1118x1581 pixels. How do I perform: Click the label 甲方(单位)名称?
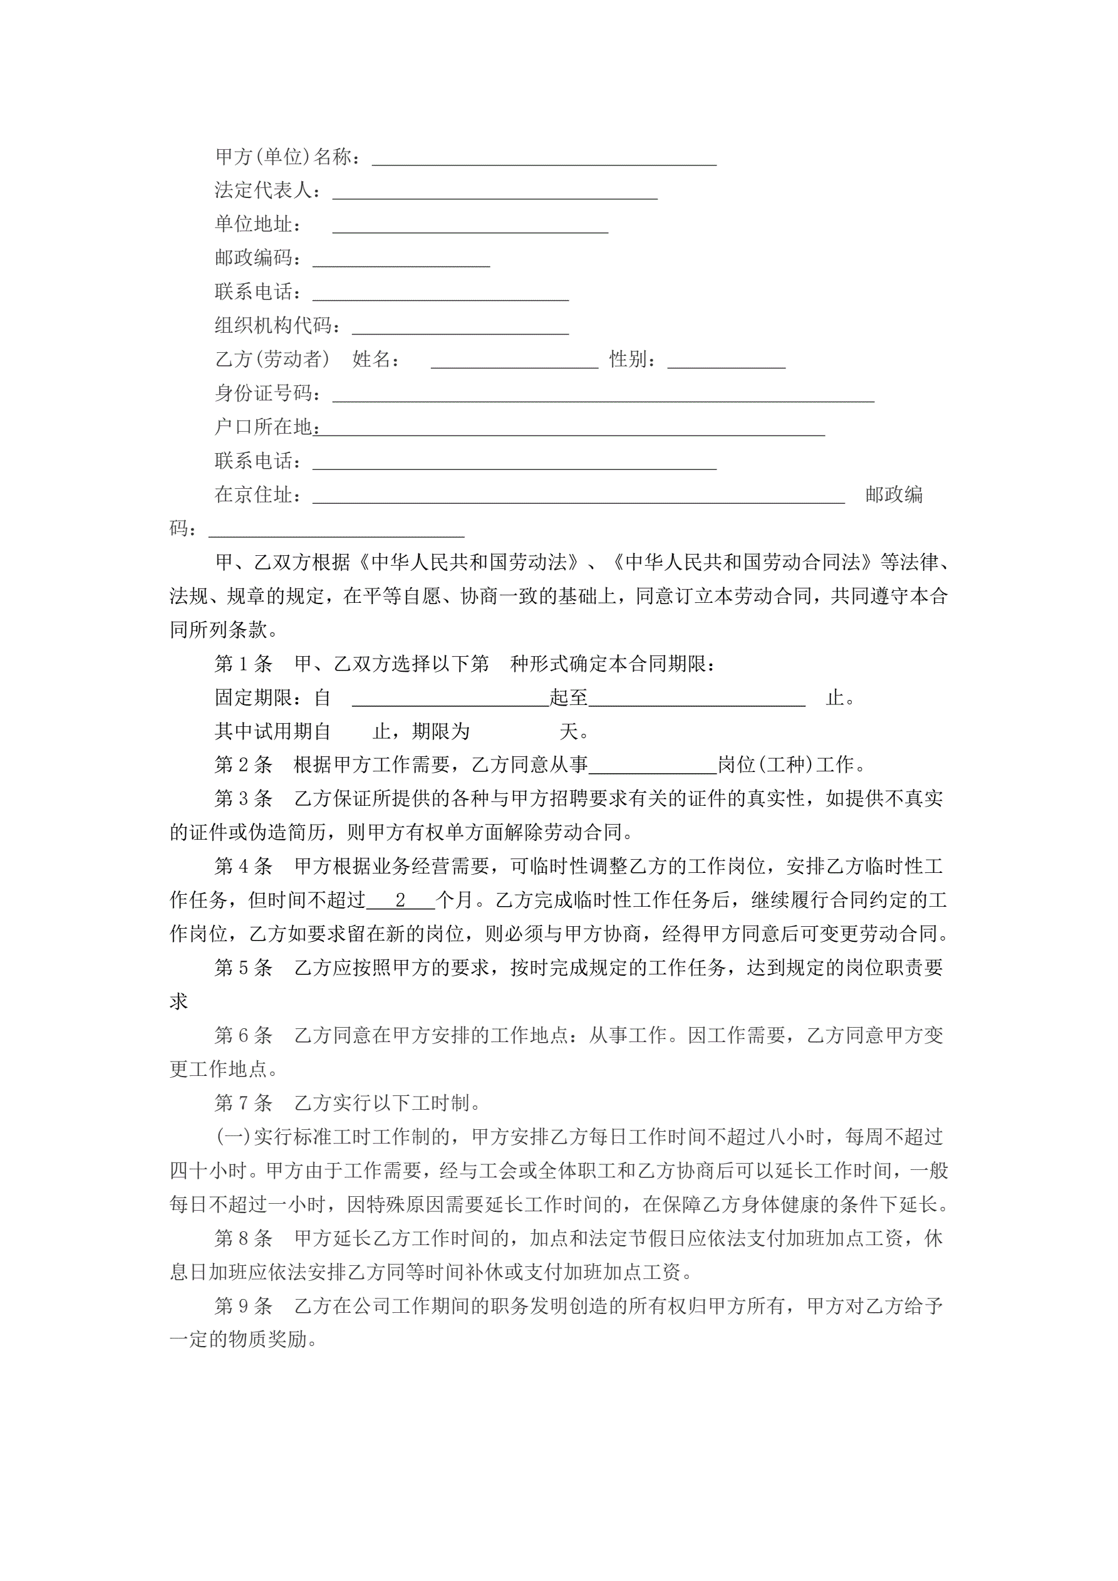[286, 157]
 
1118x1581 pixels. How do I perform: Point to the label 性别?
[631, 360]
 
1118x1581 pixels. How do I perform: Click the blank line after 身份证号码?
[603, 395]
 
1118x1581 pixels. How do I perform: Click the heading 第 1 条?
[243, 664]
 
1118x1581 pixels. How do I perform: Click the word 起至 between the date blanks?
[569, 697]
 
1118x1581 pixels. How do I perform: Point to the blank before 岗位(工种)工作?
[653, 766]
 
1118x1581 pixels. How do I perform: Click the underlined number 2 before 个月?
[401, 900]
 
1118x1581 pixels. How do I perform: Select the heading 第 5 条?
[243, 968]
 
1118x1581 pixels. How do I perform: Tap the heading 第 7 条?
[243, 1103]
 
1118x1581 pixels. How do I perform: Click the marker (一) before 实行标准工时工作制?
[234, 1137]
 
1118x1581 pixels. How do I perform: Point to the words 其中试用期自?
[272, 731]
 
